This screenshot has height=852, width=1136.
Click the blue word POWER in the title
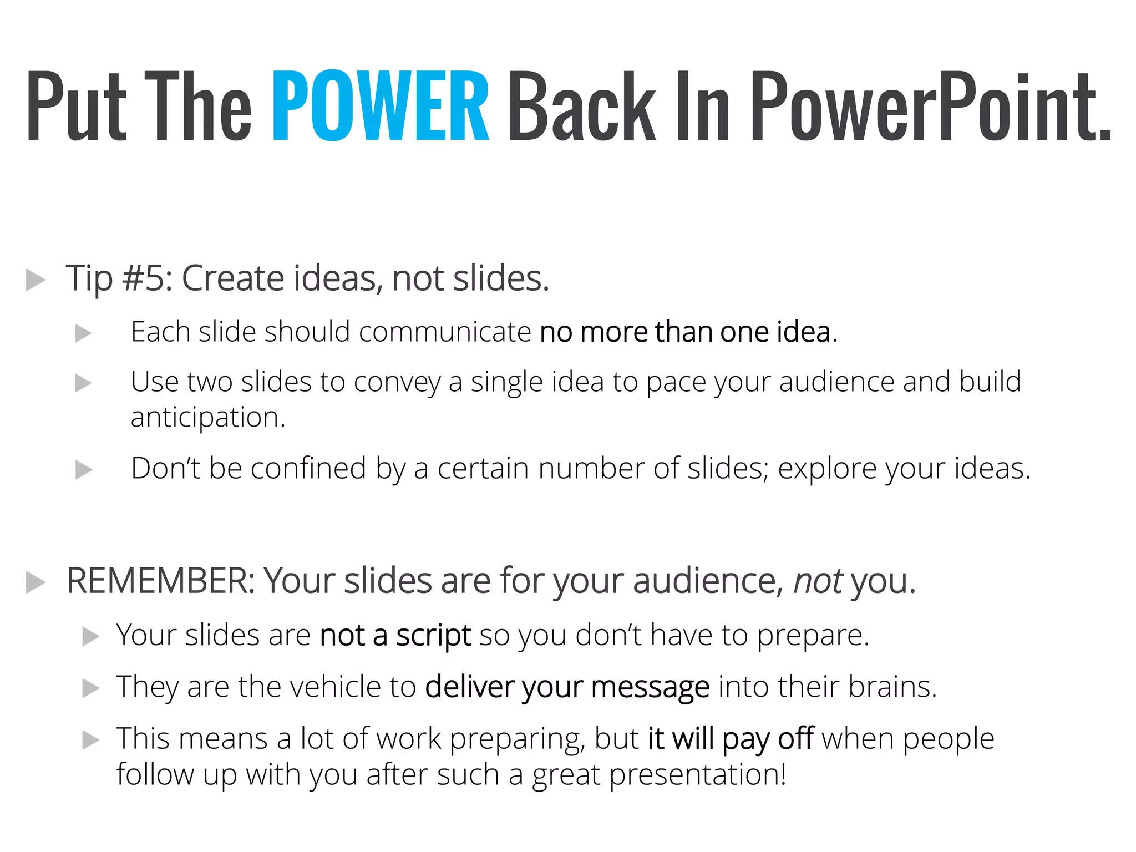pos(381,105)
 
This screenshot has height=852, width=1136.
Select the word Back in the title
pos(581,105)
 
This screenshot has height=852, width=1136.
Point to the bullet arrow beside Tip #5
pos(35,280)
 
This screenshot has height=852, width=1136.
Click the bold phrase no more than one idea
pos(685,332)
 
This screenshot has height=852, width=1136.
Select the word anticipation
pos(207,418)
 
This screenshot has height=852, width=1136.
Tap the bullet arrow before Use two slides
pos(83,383)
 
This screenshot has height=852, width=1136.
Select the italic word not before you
pos(818,581)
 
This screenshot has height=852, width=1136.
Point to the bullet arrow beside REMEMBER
pos(35,583)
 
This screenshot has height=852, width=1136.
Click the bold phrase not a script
pos(395,635)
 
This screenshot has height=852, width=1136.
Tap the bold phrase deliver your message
pos(567,687)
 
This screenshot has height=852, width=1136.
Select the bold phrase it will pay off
pos(731,739)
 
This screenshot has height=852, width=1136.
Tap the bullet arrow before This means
pos(90,740)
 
